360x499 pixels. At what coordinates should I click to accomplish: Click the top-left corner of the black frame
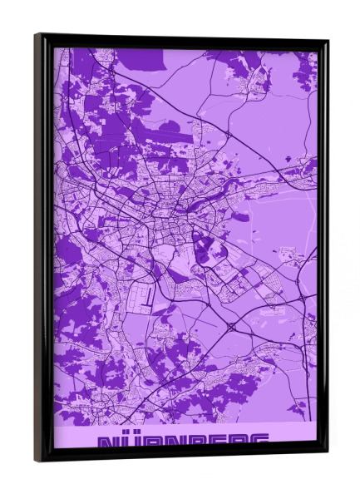pyautogui.click(x=36, y=35)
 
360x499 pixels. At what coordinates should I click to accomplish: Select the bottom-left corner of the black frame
pyautogui.click(x=36, y=460)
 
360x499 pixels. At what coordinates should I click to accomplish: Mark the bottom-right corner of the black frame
pyautogui.click(x=327, y=453)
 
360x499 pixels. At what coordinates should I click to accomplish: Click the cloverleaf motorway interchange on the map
pyautogui.click(x=230, y=327)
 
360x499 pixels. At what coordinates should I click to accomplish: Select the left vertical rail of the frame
pyautogui.click(x=42, y=249)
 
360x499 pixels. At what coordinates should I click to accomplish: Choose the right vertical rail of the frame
pyautogui.click(x=322, y=249)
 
